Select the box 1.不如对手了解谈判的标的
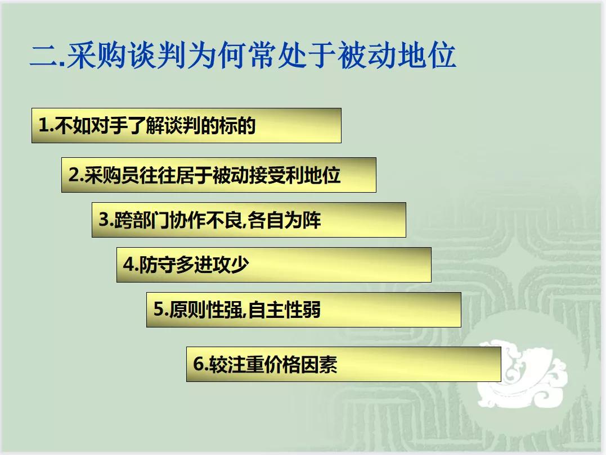tap(186, 125)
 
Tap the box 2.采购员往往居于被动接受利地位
tap(218, 175)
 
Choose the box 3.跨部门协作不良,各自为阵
tap(249, 220)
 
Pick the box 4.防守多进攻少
tap(273, 265)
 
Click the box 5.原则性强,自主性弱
tap(303, 310)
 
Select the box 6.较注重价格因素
tap(343, 364)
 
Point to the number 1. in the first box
tap(44, 125)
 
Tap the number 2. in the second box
tap(75, 175)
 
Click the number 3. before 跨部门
tap(105, 220)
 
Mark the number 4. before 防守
tap(130, 265)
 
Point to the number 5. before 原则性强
tap(160, 310)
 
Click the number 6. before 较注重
tap(200, 364)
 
